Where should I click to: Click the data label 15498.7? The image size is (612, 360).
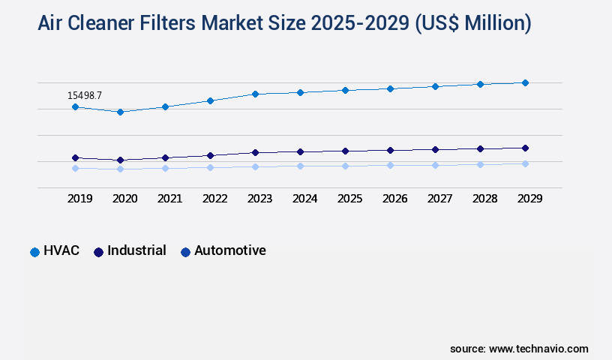click(x=84, y=95)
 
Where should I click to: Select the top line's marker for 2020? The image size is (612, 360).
click(x=120, y=112)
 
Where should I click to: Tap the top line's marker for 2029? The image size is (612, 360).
click(x=525, y=82)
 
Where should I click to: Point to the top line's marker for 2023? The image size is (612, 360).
click(x=255, y=94)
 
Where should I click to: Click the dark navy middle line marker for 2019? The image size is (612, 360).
click(x=75, y=157)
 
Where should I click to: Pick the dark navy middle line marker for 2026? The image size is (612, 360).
click(x=390, y=150)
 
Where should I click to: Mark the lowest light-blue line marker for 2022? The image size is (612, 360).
click(x=210, y=167)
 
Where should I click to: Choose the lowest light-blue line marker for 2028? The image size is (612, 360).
click(x=480, y=164)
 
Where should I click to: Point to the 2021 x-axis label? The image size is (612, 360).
click(x=169, y=199)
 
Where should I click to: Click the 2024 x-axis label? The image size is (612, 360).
click(x=304, y=199)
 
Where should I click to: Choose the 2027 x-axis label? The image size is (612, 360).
click(x=439, y=199)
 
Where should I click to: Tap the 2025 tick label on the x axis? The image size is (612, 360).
click(x=349, y=199)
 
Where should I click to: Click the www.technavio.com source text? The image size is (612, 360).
click(x=538, y=349)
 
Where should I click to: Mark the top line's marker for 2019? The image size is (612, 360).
click(x=75, y=107)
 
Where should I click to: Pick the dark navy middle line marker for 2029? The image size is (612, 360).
click(x=525, y=148)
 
